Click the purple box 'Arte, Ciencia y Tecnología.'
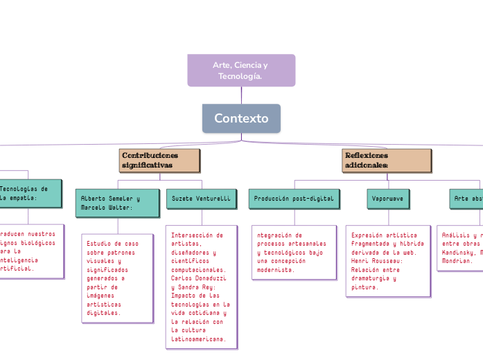click(x=241, y=70)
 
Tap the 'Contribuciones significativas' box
click(x=160, y=160)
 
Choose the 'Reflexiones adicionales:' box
click(x=387, y=160)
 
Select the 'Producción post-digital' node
click(x=294, y=198)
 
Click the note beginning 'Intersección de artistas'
click(x=201, y=287)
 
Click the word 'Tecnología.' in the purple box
click(x=240, y=75)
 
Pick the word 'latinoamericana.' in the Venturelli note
click(x=197, y=339)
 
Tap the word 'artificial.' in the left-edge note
click(x=15, y=268)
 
